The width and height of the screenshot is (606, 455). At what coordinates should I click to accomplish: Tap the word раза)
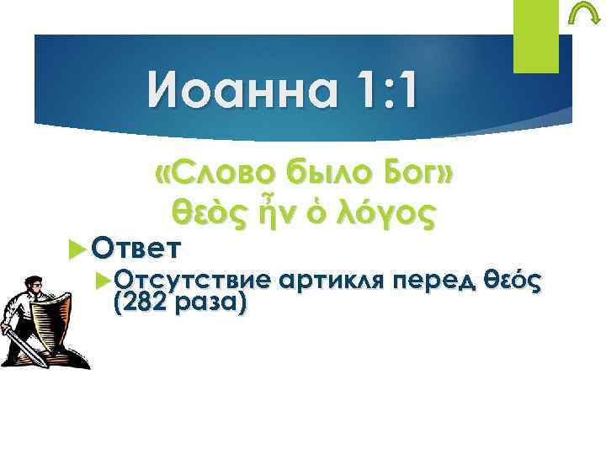click(209, 304)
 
